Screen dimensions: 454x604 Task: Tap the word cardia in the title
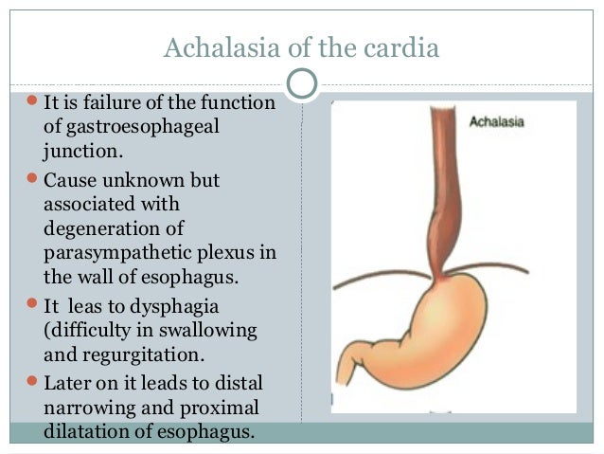[x=404, y=48]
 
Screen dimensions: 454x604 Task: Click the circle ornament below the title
[x=301, y=83]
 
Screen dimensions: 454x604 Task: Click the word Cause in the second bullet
[x=68, y=179]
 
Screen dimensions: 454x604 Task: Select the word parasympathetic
[x=111, y=253]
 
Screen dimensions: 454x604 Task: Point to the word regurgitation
[x=137, y=355]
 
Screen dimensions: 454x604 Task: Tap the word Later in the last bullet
[x=67, y=382]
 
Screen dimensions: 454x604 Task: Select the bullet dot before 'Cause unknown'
[x=32, y=179]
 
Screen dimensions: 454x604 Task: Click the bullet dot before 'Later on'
[x=32, y=382]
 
